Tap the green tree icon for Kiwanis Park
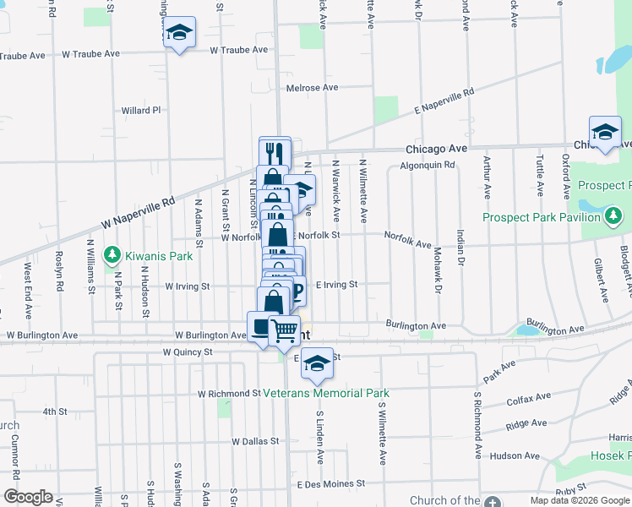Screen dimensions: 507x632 point(111,253)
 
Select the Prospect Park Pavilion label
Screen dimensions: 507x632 point(542,217)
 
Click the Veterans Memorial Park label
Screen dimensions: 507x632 point(326,393)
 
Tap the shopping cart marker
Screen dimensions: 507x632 point(285,330)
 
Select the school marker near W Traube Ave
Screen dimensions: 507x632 point(178,33)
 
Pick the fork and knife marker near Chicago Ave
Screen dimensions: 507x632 point(275,154)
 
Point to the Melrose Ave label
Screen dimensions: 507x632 point(312,87)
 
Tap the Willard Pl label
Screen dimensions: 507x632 point(140,110)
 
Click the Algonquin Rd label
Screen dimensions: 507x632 point(428,166)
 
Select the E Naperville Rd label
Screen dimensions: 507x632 point(443,101)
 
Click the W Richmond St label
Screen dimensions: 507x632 point(229,394)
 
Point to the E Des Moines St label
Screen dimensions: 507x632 point(324,484)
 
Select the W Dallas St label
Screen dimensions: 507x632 point(255,441)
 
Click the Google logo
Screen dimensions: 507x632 point(28,497)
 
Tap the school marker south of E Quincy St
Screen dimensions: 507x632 point(317,363)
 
